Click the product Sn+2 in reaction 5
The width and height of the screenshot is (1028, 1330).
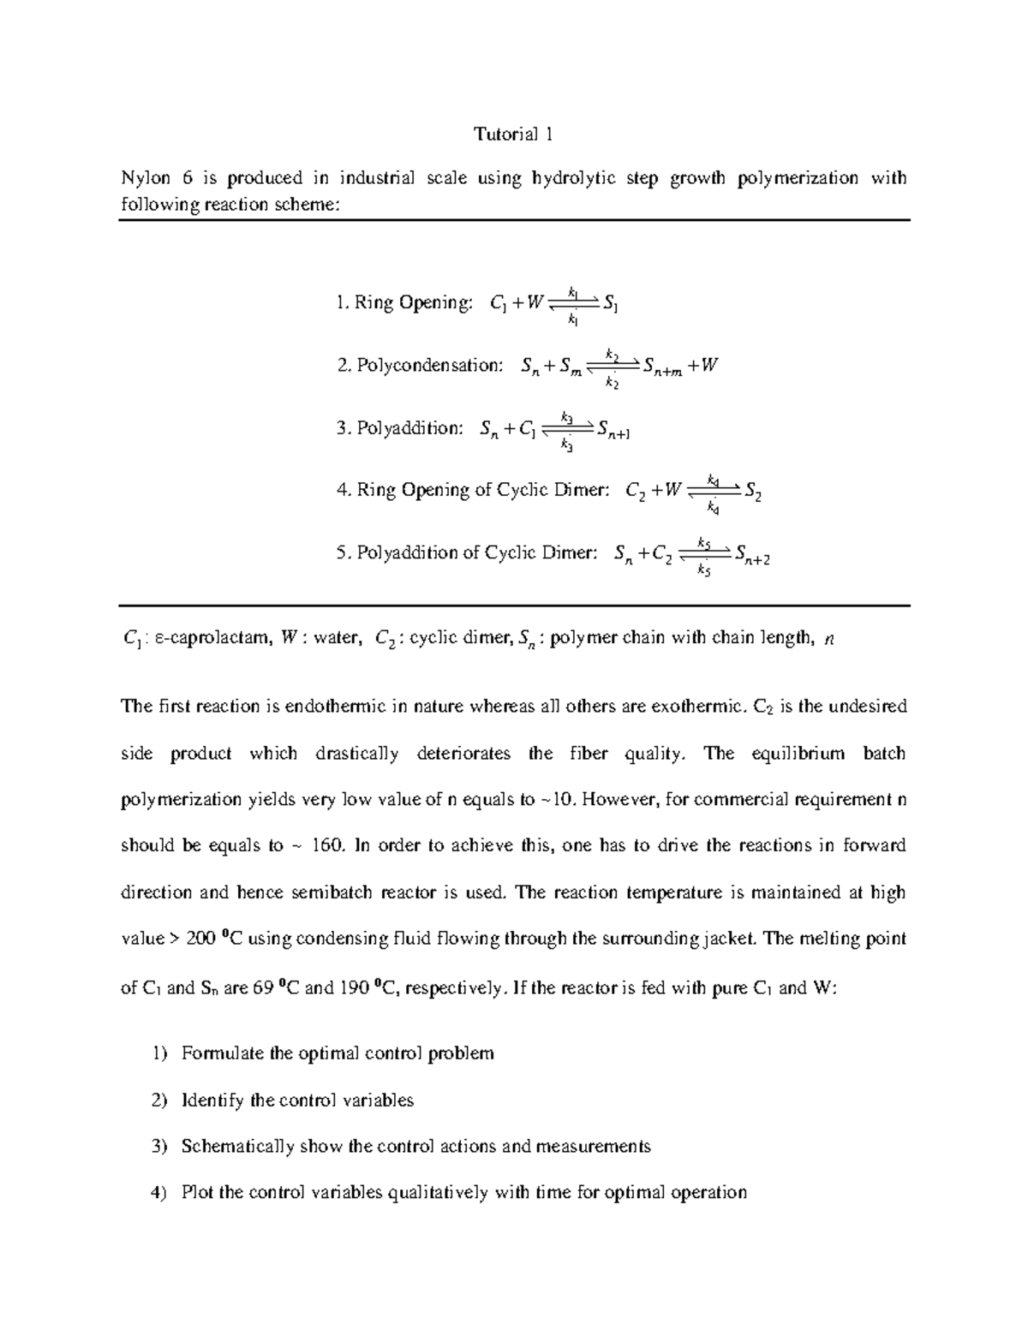point(752,555)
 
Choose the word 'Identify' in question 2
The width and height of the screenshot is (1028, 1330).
point(212,1100)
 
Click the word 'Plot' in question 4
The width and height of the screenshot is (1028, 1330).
point(197,1193)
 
